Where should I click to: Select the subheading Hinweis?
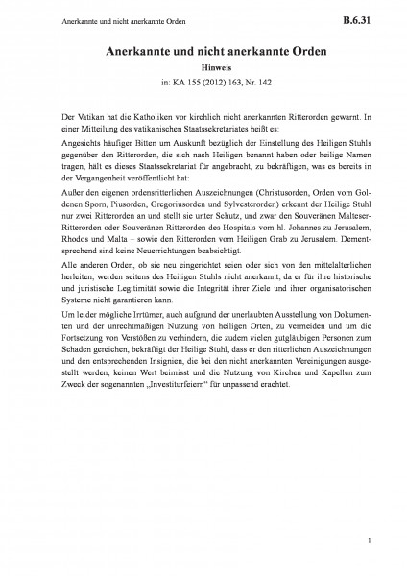[x=203, y=70]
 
